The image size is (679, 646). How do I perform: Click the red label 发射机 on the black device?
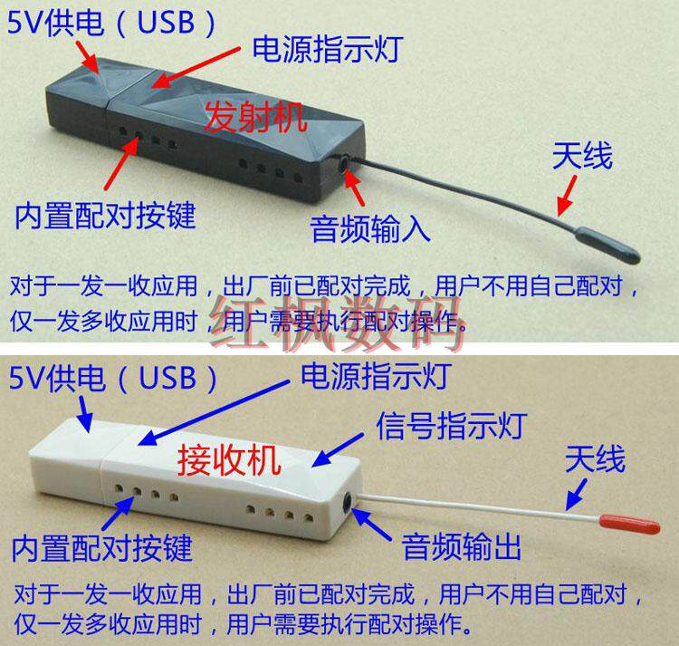(255, 117)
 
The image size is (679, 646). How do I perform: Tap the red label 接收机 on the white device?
(230, 460)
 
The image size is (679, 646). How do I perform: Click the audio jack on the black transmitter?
(345, 164)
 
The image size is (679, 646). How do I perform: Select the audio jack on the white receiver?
(348, 503)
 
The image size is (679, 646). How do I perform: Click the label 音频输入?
(370, 228)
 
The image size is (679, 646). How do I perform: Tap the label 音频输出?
(462, 546)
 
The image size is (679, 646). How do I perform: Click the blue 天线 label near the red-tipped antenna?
(596, 458)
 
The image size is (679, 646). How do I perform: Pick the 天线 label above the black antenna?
(582, 156)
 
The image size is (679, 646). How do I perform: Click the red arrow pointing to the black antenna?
(568, 195)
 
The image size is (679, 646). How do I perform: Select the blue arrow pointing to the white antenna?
(577, 494)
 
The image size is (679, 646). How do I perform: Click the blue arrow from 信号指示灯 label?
(338, 450)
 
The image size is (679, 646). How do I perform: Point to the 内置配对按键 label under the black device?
(106, 216)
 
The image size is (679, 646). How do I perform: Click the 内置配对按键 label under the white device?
(102, 547)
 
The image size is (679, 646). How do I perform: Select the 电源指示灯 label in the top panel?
(328, 49)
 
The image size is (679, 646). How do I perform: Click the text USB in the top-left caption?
(166, 22)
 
